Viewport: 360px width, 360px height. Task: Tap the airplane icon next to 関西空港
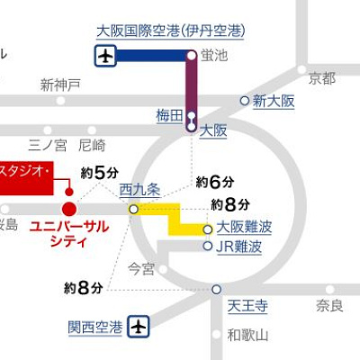pos(139,326)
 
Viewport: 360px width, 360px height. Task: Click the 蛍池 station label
pos(216,56)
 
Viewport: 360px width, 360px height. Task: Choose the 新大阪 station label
pos(274,101)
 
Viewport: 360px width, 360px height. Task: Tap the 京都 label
pos(321,76)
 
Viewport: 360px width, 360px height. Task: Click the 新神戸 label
pos(60,85)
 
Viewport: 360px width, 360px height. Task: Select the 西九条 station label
pos(139,190)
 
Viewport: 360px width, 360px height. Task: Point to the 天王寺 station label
pos(248,306)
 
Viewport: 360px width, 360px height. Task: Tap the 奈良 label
pos(329,306)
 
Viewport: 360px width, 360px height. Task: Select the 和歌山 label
pos(247,336)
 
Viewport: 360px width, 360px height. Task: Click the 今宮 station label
pos(141,267)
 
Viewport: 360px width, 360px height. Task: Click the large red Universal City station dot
pos(69,209)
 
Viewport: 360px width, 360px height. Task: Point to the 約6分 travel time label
pos(215,182)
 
